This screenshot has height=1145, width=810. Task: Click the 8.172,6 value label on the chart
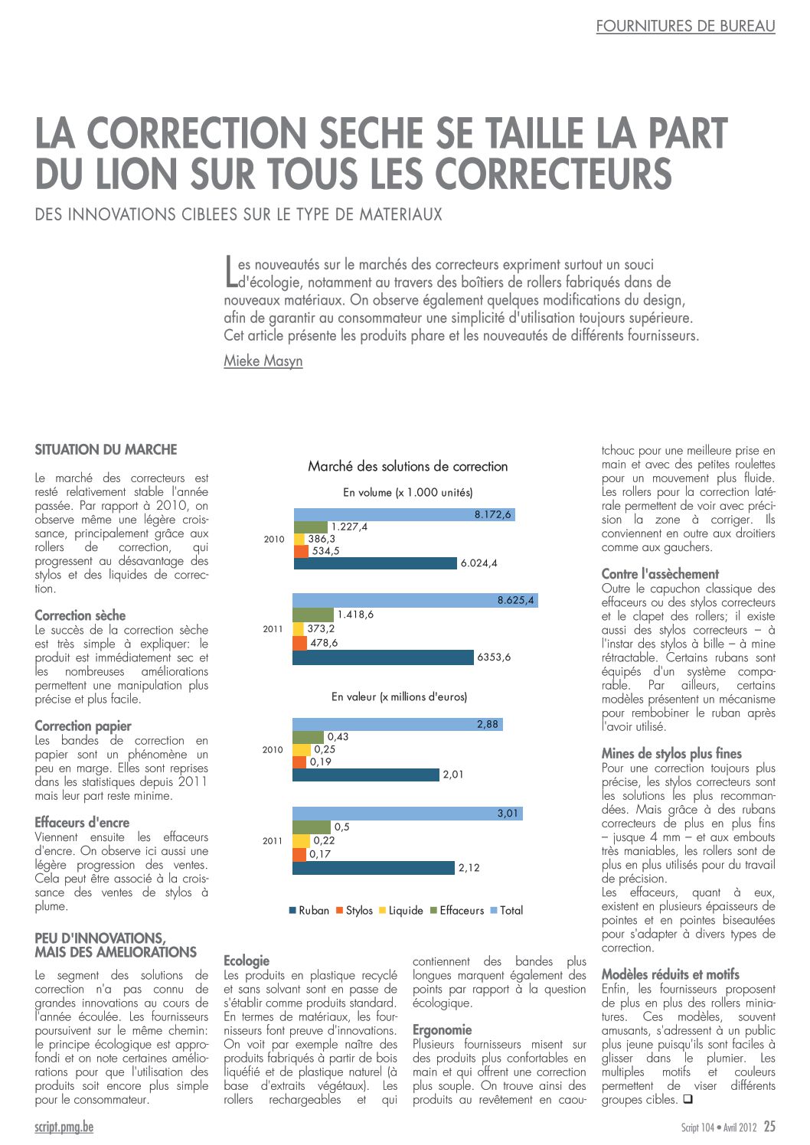(492, 514)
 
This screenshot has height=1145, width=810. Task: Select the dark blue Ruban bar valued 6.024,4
(375, 563)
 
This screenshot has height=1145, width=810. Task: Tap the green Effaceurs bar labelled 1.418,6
(313, 615)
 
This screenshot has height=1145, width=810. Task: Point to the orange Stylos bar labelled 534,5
(301, 551)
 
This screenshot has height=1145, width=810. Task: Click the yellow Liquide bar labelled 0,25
(302, 749)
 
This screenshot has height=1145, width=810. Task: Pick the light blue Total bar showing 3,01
(407, 814)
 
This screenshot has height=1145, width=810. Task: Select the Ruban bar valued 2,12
(374, 867)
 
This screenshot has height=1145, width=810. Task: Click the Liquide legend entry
(401, 910)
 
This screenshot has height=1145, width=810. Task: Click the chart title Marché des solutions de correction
(407, 466)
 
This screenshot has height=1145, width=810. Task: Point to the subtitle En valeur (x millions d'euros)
(399, 696)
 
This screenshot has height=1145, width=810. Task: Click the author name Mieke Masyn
(263, 361)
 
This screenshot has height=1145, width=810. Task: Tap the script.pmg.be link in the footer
(64, 1127)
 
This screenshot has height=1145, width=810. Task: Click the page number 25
(769, 1126)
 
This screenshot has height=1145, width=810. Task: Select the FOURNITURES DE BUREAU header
(685, 26)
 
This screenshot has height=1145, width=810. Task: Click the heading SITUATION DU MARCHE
(106, 450)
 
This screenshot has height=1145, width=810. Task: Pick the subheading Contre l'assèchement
(660, 574)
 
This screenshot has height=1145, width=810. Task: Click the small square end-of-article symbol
(688, 1098)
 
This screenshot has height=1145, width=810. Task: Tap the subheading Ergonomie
(442, 1030)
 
